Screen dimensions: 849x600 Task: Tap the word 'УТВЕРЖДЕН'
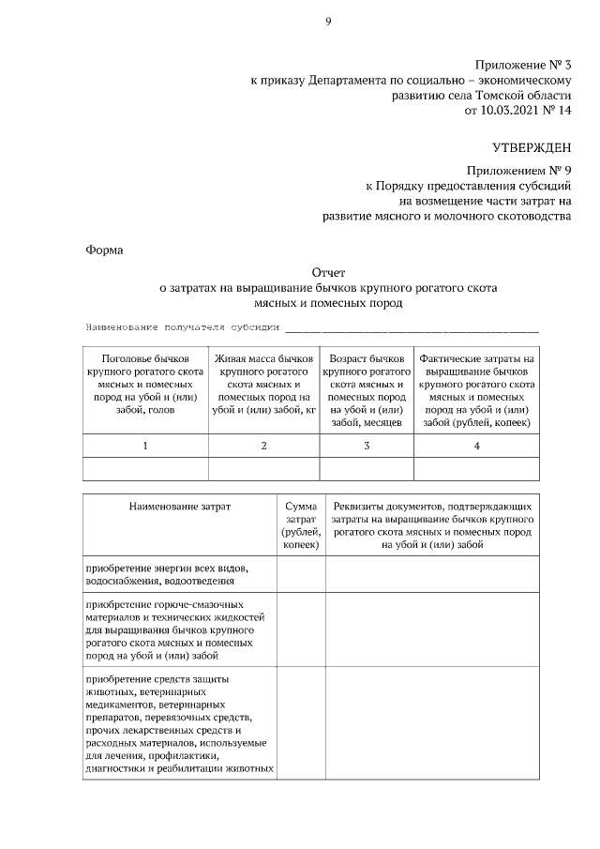click(x=532, y=147)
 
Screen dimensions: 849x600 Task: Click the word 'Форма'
click(x=103, y=250)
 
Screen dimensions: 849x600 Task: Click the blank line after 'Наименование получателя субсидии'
click(x=412, y=327)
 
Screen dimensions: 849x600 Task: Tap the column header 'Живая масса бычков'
click(x=263, y=358)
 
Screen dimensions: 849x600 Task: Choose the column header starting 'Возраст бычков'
click(x=367, y=358)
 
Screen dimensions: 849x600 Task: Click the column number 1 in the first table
click(x=145, y=446)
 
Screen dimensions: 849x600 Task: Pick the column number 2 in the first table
click(x=263, y=446)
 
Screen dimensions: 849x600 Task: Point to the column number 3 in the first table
click(x=367, y=446)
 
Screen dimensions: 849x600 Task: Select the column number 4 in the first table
click(x=476, y=446)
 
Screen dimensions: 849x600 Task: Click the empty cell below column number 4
click(x=476, y=468)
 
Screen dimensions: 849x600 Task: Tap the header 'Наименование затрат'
click(x=179, y=507)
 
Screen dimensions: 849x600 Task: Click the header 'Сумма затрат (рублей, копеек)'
click(x=301, y=525)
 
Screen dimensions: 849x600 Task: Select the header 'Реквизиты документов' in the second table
click(x=432, y=507)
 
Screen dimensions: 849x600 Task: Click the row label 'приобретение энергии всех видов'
click(x=167, y=569)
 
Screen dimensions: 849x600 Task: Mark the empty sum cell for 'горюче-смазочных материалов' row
click(x=301, y=630)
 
